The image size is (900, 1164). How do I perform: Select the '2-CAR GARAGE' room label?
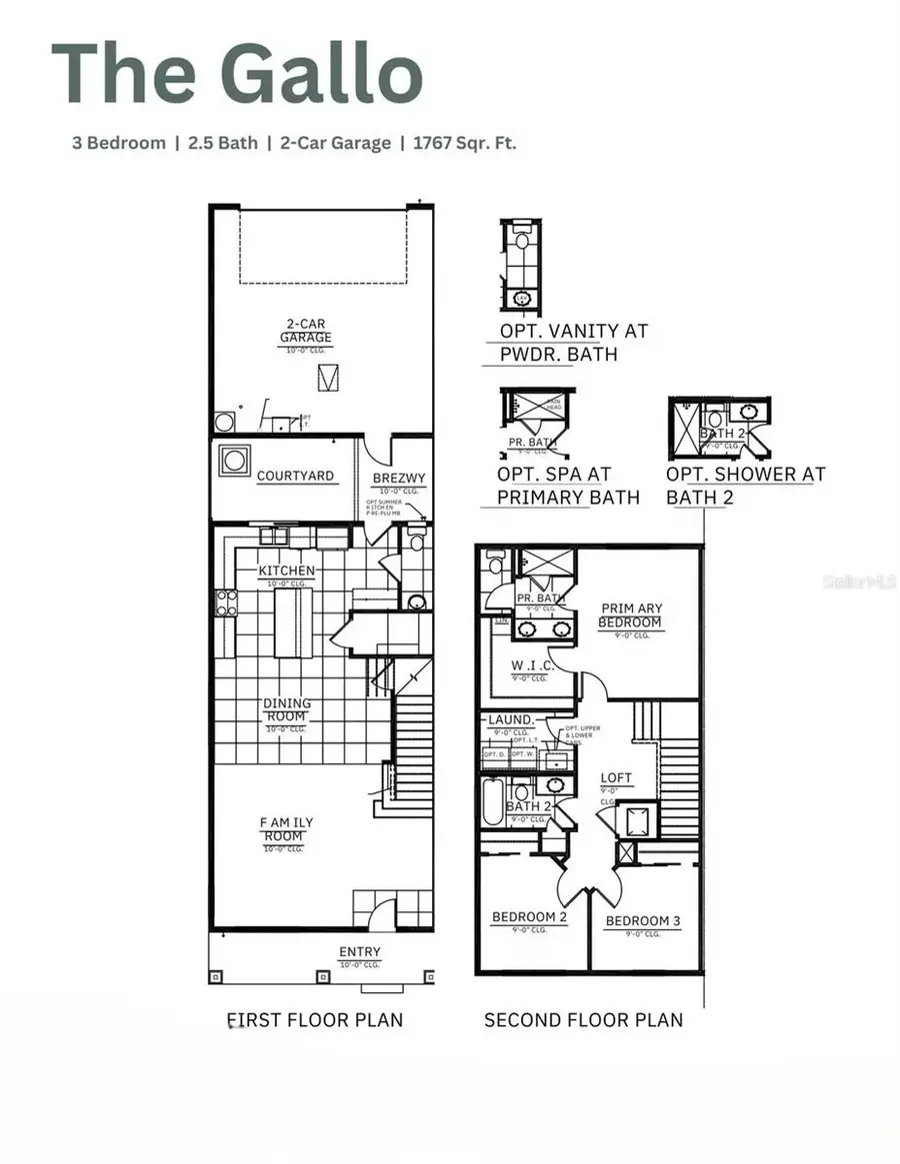point(306,331)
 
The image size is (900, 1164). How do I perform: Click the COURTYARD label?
point(295,476)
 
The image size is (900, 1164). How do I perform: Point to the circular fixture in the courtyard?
point(234,461)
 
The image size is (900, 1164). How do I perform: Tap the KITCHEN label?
point(287,571)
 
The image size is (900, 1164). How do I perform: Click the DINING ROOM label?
point(286,710)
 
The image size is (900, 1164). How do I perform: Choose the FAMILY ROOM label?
point(286,829)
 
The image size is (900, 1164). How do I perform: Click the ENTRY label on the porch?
point(359,952)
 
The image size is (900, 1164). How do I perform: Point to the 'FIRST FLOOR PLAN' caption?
point(315,1020)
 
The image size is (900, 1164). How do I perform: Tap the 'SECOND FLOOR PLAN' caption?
point(583,1020)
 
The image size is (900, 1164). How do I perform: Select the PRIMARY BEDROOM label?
point(631,615)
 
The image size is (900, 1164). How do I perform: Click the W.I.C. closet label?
point(526,665)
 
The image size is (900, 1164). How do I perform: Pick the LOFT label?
point(616,778)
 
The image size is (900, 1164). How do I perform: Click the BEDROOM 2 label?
point(530,917)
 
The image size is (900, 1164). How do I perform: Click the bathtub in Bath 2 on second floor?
point(492,802)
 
